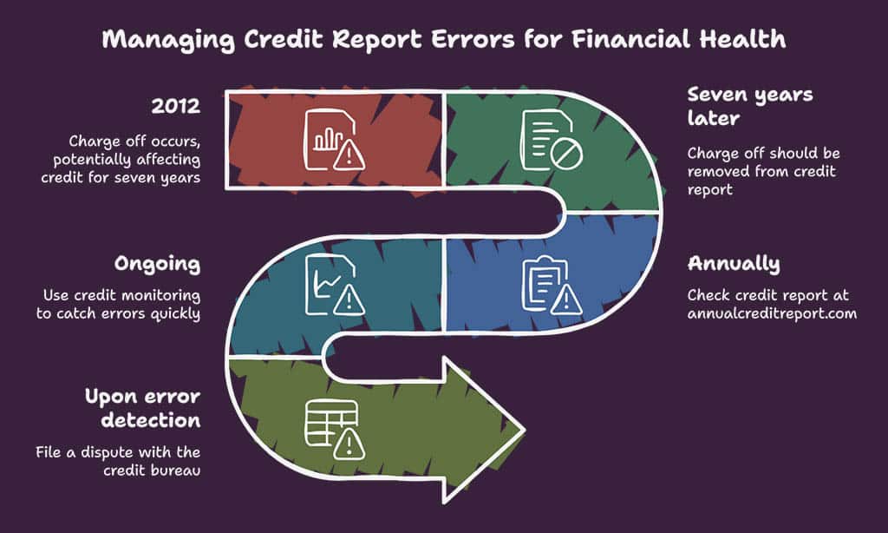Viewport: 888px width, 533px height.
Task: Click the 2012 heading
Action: (175, 106)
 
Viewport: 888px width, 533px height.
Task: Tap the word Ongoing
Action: (158, 264)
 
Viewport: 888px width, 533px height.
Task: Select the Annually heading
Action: (734, 264)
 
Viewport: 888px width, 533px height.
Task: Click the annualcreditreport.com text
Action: (772, 313)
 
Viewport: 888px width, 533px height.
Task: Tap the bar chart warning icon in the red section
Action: (334, 140)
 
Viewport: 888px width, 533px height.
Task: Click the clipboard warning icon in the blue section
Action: (552, 286)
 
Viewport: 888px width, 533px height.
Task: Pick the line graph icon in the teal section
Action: (334, 286)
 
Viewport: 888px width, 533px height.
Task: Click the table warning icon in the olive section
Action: (334, 430)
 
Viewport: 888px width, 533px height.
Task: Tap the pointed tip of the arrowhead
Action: (524, 431)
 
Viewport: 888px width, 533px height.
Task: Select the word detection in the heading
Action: (151, 421)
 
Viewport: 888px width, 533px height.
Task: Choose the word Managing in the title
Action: (168, 40)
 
